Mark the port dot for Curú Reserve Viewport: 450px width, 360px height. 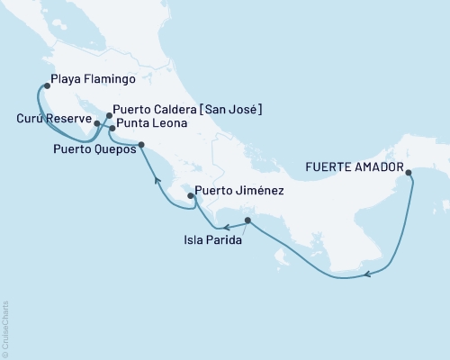coord(96,122)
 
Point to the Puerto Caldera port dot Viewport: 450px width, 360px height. coord(109,115)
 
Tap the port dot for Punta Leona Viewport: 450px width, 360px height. coord(112,130)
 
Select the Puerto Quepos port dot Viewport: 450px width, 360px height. coord(141,146)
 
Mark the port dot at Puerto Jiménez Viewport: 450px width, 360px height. coord(190,195)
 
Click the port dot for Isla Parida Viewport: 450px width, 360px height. coord(247,220)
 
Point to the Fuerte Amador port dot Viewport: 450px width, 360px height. coord(409,173)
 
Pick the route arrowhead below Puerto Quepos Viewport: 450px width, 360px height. coord(158,181)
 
